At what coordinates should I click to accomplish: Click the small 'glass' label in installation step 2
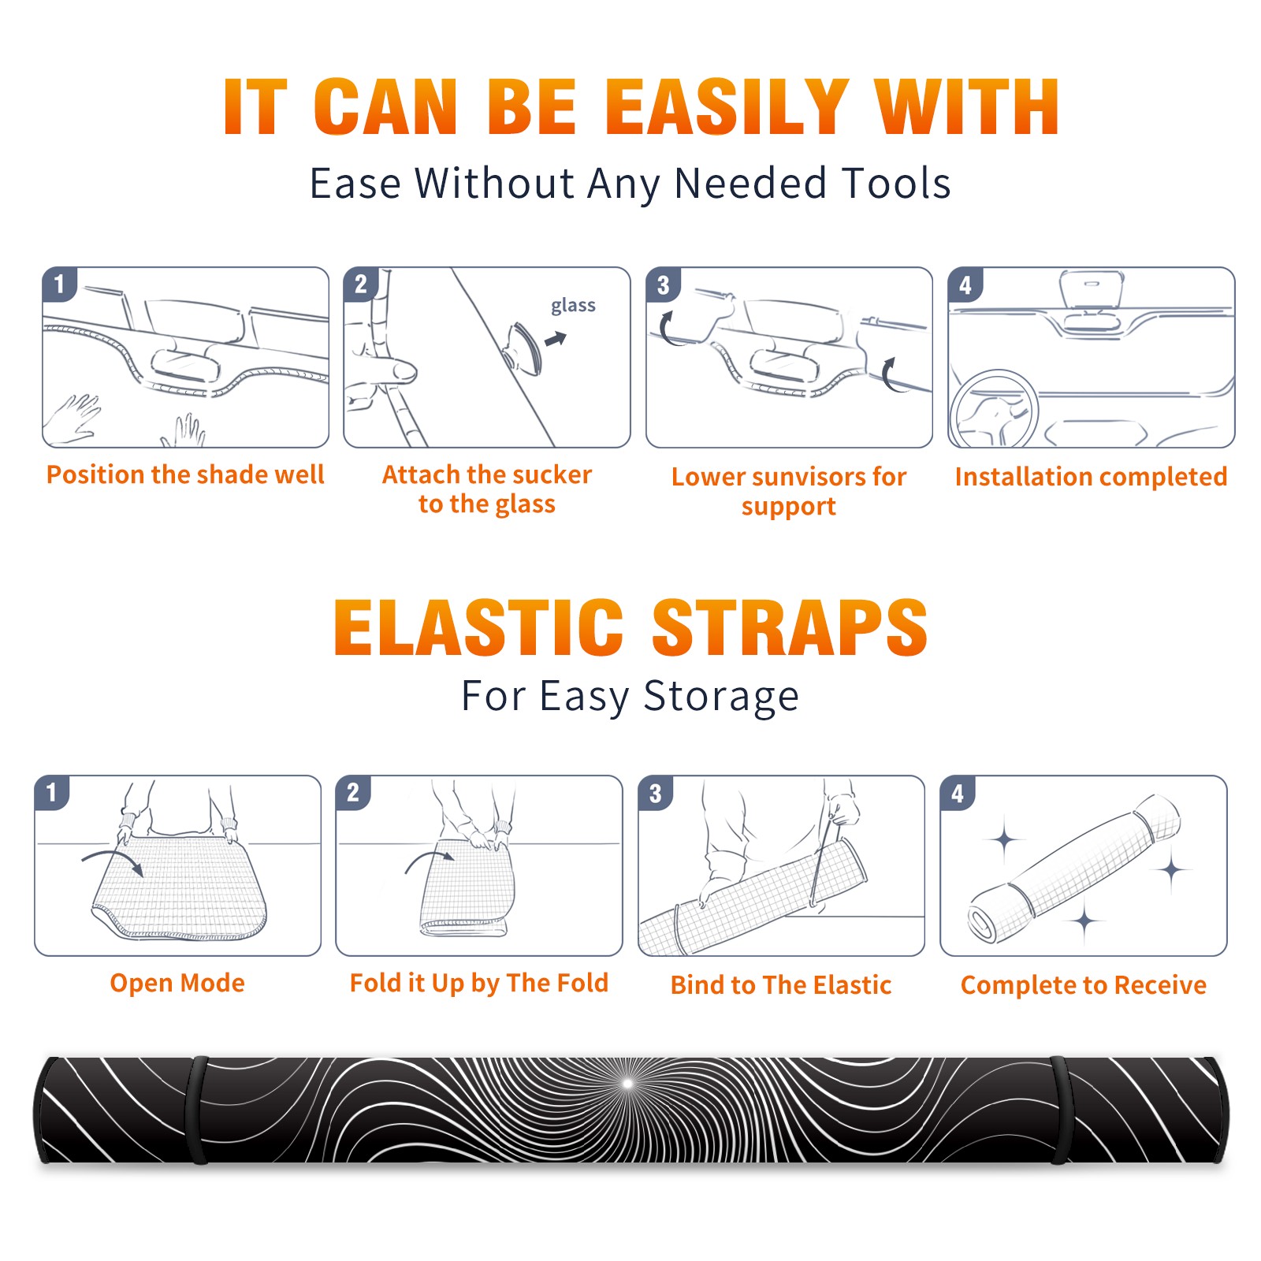click(573, 306)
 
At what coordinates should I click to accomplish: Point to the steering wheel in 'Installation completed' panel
click(993, 408)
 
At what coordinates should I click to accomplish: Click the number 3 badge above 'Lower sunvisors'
click(663, 285)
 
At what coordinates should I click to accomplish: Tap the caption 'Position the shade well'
click(185, 474)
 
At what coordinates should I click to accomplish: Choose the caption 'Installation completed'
click(1091, 477)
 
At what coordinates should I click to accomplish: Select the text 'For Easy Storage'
click(630, 696)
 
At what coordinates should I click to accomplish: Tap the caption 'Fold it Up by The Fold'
click(479, 983)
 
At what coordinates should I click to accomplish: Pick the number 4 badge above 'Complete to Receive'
click(958, 793)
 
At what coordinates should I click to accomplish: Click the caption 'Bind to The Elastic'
click(781, 985)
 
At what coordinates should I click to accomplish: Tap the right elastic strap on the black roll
click(1060, 1110)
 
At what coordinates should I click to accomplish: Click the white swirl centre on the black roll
click(628, 1084)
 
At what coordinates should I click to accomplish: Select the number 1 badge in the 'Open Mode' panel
click(52, 793)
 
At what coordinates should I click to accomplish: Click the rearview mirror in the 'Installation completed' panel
click(1092, 290)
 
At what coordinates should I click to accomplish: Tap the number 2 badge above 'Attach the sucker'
click(361, 285)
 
